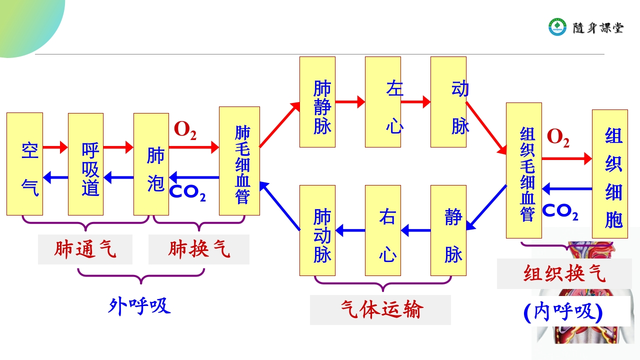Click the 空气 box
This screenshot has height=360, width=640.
tap(24, 164)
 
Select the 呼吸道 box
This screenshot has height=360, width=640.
tap(85, 164)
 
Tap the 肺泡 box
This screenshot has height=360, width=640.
tap(151, 164)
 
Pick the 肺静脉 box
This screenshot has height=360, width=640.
tap(317, 102)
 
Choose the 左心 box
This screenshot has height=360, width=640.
tap(383, 102)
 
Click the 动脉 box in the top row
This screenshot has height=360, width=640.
tap(448, 102)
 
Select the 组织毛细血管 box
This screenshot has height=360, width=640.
tap(524, 170)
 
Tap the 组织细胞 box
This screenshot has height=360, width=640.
tap(610, 174)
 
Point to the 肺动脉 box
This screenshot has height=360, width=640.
tap(317, 230)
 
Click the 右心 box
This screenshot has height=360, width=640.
tap(383, 230)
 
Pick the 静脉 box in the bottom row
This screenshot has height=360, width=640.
tap(448, 230)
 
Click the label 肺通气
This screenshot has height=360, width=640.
tap(85, 249)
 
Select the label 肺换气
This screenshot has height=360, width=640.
tap(199, 249)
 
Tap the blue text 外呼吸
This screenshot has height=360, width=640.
tap(139, 305)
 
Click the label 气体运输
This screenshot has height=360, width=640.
tap(380, 310)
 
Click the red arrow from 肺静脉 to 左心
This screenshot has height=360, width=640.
tap(350, 102)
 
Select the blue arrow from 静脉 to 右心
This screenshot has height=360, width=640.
tap(416, 230)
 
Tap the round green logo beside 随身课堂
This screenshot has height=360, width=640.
tap(557, 27)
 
